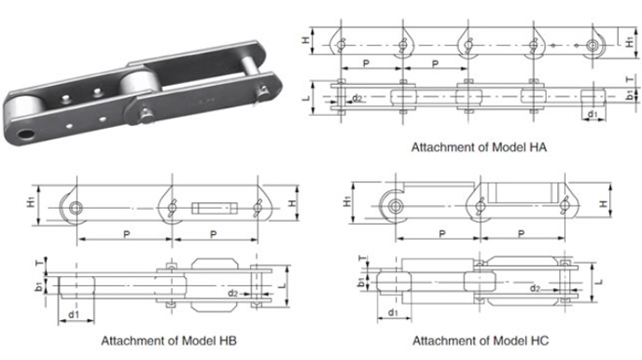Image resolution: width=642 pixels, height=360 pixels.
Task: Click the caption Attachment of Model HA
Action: [x=479, y=146]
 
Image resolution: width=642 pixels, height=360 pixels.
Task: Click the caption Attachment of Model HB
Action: [x=169, y=340]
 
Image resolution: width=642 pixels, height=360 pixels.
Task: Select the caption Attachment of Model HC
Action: [x=481, y=340]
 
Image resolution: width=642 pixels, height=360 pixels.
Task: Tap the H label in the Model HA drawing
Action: [x=306, y=40]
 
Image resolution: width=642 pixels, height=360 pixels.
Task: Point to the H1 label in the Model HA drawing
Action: [x=630, y=41]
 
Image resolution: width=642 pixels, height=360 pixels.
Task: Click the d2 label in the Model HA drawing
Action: [x=357, y=98]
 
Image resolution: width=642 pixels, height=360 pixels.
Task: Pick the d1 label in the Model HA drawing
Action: [x=593, y=114]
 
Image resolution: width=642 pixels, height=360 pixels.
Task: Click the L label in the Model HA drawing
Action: [x=306, y=98]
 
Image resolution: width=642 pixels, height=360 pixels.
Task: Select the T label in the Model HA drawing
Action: [x=630, y=79]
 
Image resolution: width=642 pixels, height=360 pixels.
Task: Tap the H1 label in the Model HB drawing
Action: [x=31, y=201]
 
